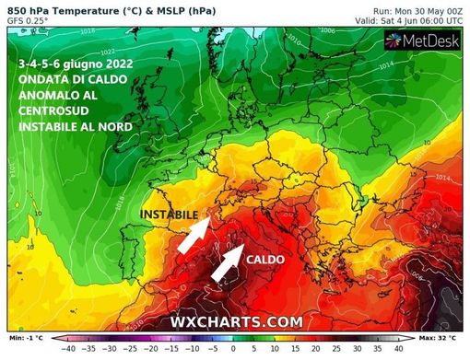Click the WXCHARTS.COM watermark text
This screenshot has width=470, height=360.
tap(236, 320)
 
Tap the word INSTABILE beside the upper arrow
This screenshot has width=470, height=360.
tap(170, 214)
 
